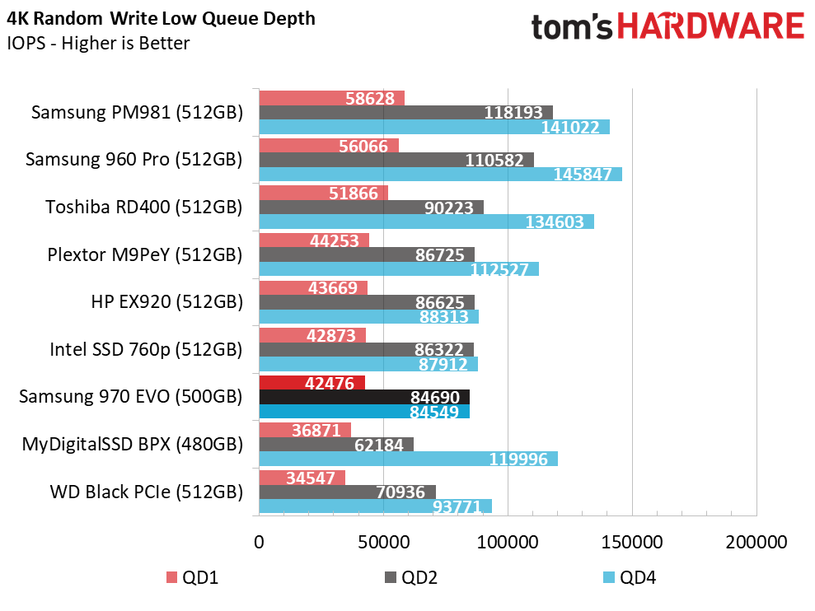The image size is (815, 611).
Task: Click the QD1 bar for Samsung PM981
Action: click(x=331, y=98)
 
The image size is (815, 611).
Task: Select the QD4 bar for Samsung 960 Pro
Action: click(x=441, y=174)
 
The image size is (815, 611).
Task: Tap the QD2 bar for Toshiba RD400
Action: click(x=371, y=208)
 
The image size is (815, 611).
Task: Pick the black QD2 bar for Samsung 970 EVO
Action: click(x=364, y=398)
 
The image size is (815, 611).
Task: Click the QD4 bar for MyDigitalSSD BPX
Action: click(x=409, y=459)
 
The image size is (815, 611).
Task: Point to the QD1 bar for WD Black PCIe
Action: click(x=302, y=478)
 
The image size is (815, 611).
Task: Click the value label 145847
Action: click(x=582, y=174)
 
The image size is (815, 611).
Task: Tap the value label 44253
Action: click(x=335, y=240)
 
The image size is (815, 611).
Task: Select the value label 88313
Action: click(x=444, y=316)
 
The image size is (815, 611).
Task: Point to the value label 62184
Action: click(x=379, y=445)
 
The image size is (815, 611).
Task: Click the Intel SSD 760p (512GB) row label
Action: click(x=146, y=350)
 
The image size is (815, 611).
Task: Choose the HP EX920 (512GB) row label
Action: click(x=166, y=302)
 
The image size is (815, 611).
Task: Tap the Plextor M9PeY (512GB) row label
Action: click(x=145, y=254)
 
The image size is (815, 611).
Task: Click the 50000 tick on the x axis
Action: click(x=383, y=543)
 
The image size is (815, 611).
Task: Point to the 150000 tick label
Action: click(x=632, y=543)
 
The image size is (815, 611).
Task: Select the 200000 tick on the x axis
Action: click(x=756, y=543)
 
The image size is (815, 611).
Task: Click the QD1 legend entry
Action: click(x=192, y=577)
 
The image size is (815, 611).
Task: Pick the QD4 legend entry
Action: click(x=630, y=577)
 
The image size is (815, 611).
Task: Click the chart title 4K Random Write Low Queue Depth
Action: click(x=162, y=19)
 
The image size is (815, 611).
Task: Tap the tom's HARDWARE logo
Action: click(x=668, y=26)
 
